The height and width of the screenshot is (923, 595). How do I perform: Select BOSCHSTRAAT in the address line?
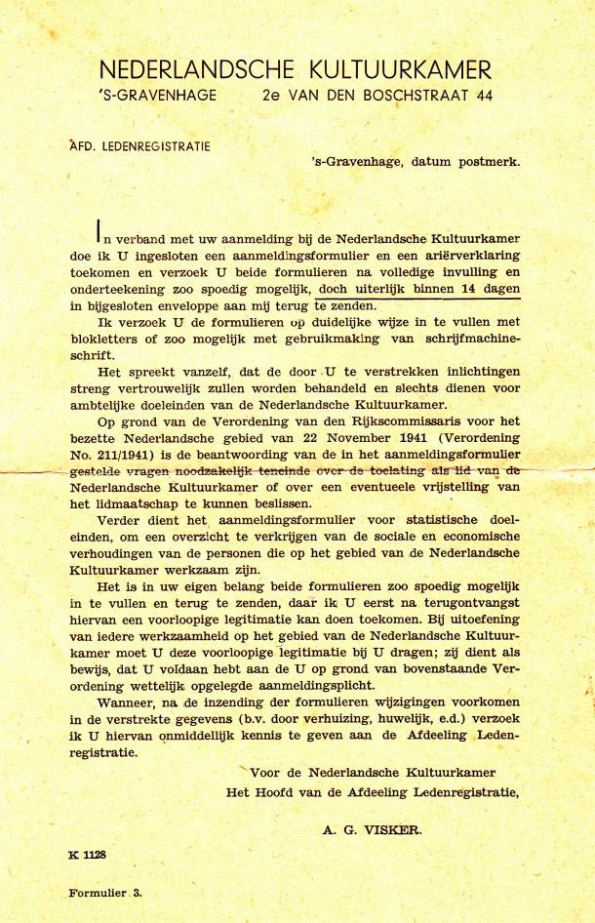point(411,96)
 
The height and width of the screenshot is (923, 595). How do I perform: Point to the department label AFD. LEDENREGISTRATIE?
point(154,147)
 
